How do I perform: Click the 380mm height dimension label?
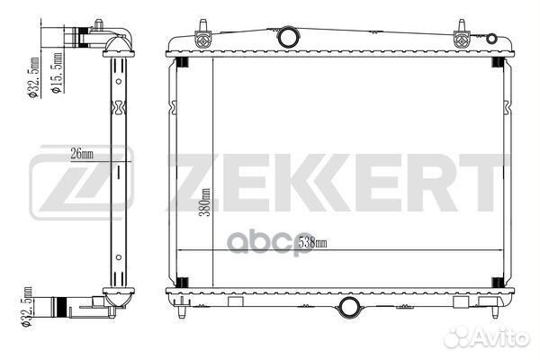[x=205, y=202]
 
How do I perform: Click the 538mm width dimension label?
[x=312, y=242]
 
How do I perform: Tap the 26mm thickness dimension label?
[x=82, y=154]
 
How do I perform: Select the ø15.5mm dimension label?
[x=58, y=73]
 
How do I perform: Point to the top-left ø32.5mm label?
[x=34, y=78]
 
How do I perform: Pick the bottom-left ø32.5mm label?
[x=27, y=308]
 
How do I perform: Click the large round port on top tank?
[x=288, y=37]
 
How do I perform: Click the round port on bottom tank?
[x=349, y=307]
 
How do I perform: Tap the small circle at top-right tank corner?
[x=491, y=38]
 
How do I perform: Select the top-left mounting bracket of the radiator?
[x=202, y=35]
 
